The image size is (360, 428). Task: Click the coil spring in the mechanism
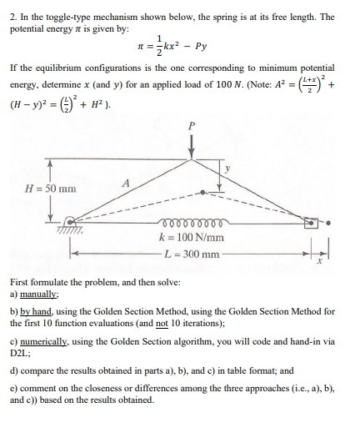[194, 224]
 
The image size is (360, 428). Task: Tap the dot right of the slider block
[330, 223]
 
